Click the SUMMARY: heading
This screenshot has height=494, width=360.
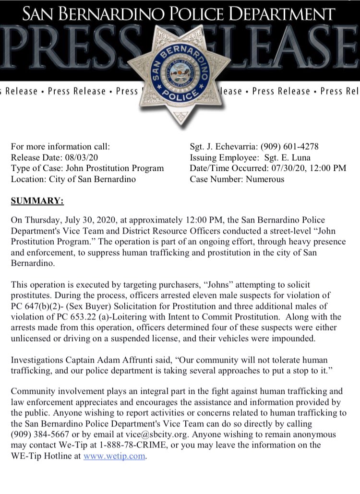[37, 200]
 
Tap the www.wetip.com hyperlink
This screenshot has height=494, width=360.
[114, 456]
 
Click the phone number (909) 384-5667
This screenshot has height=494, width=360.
[37, 435]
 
